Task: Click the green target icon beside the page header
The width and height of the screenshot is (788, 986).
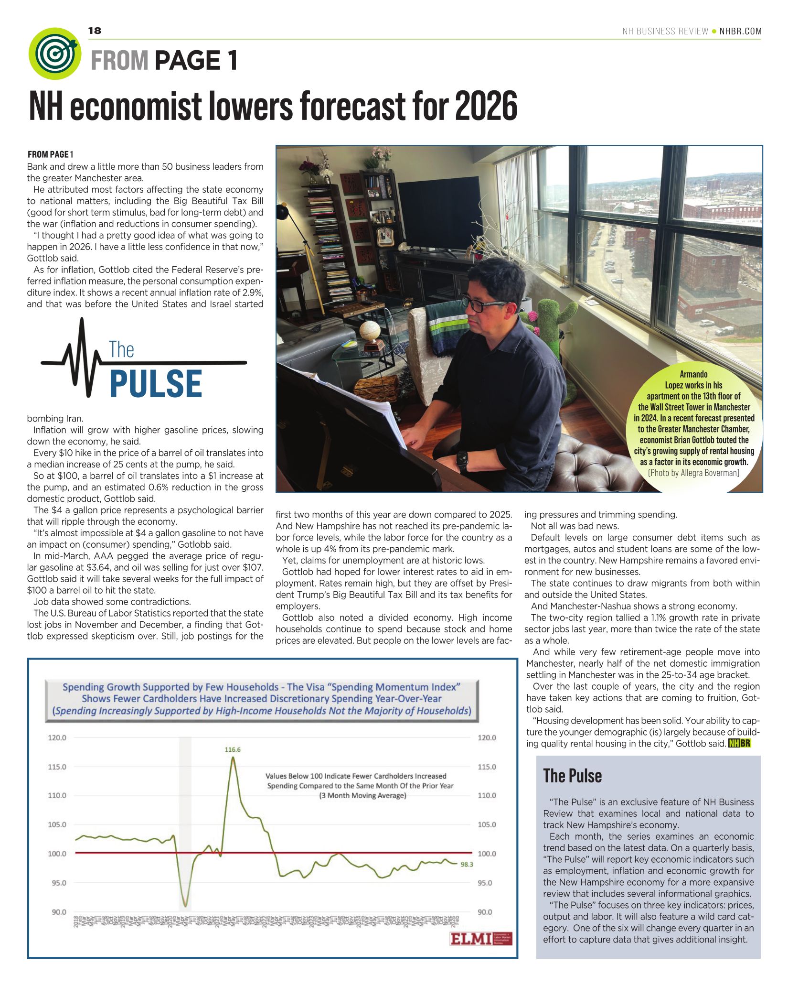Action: click(54, 54)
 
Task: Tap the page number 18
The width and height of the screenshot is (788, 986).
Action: click(95, 31)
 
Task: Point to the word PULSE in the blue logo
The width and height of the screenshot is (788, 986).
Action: click(156, 384)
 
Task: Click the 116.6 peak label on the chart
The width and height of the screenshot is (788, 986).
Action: click(233, 749)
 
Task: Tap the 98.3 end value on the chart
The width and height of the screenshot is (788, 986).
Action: click(467, 864)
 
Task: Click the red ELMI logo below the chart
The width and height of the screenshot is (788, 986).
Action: click(471, 939)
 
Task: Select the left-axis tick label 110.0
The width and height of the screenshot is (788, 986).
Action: click(57, 795)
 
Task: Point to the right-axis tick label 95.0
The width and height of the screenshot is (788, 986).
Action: click(487, 883)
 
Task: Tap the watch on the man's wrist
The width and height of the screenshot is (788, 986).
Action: click(462, 461)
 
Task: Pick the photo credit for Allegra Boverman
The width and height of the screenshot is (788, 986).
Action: click(693, 473)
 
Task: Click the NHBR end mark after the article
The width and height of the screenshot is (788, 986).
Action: click(739, 744)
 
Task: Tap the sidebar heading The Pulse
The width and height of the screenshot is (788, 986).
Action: click(572, 776)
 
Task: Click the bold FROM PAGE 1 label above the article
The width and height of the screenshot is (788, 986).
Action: click(50, 154)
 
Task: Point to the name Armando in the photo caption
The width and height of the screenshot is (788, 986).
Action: click(693, 374)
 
